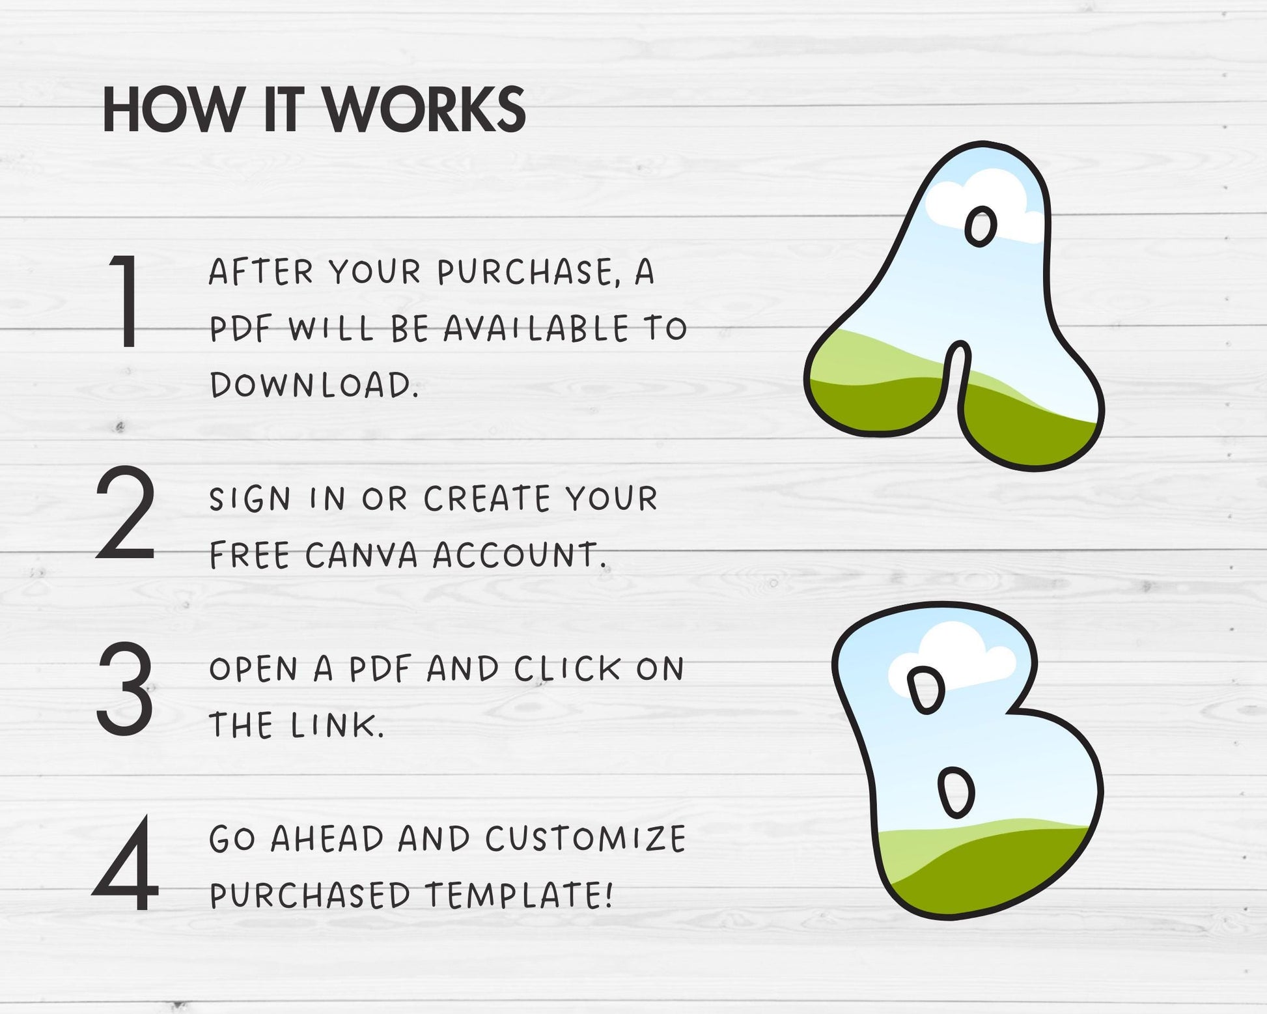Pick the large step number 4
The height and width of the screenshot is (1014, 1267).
[126, 864]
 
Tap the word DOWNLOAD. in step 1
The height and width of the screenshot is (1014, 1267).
[314, 385]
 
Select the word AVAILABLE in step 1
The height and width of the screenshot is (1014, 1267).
[536, 328]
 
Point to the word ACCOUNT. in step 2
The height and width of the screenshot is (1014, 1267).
[520, 555]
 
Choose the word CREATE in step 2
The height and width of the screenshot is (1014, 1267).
[487, 499]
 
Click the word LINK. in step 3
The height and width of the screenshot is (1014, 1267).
[337, 725]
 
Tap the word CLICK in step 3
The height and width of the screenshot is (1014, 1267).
[567, 669]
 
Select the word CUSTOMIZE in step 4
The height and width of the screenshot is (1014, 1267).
[585, 839]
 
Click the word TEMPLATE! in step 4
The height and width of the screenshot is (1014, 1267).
[519, 895]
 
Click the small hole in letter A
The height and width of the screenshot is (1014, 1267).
[980, 227]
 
